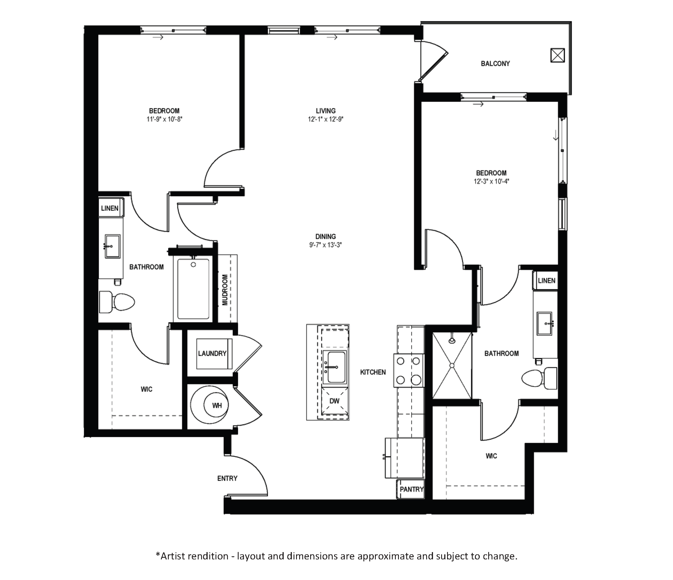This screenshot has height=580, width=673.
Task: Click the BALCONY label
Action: coord(495,64)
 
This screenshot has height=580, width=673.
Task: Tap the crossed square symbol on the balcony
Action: coord(557,55)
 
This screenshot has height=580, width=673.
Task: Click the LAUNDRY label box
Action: coord(212,353)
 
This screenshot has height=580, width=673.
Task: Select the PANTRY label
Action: coord(412,489)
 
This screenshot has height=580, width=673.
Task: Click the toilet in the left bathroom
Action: coord(117,302)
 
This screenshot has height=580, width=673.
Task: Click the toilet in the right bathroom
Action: coord(539,378)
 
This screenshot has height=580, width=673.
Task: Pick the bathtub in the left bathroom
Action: coord(193,289)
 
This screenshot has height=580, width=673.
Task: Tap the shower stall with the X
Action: coord(452,366)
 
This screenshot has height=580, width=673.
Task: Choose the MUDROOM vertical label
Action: coord(225,290)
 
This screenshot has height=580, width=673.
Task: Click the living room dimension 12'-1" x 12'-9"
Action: coord(326,119)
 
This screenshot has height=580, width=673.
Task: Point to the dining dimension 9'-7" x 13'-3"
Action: coord(325,245)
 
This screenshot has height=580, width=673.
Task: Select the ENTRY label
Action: coord(227,478)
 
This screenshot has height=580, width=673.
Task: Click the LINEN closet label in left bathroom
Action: coord(110,208)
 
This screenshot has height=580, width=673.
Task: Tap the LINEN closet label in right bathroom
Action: coord(547,281)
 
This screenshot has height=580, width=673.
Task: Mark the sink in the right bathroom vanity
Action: coord(544,323)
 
